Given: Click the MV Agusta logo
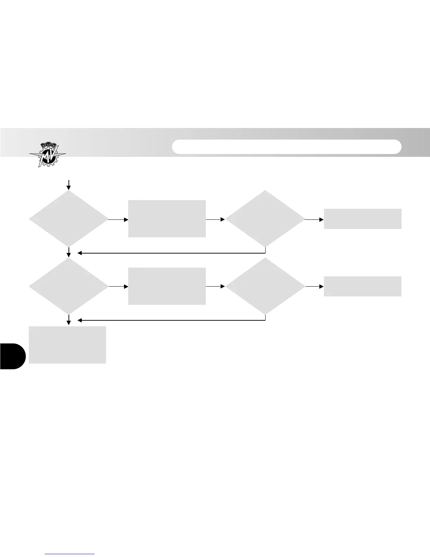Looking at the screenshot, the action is [47, 154].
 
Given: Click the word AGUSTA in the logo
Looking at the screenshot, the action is [47, 146].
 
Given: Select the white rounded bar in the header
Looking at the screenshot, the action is [287, 147].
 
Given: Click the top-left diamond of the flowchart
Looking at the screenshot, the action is [69, 219].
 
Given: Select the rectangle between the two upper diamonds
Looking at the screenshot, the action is [167, 219].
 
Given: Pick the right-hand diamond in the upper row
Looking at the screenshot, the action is [265, 219].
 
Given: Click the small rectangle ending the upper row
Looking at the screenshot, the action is [362, 219].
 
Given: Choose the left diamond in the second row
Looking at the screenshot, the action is [69, 286].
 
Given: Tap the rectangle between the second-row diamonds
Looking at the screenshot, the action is [167, 286].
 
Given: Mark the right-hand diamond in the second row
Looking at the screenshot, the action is [265, 286].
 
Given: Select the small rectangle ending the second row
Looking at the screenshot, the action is [362, 286].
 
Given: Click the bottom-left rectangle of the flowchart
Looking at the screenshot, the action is [67, 345].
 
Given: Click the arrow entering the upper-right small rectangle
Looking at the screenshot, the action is [314, 219].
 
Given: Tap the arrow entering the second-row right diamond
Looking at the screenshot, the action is [215, 287].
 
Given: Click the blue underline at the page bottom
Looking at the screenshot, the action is [70, 554].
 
